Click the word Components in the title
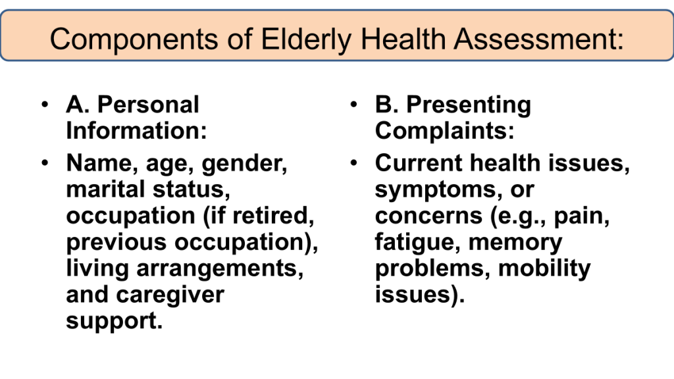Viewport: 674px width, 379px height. pyautogui.click(x=134, y=39)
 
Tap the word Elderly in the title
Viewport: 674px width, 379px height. pyautogui.click(x=307, y=39)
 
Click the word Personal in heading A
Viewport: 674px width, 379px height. pyautogui.click(x=148, y=105)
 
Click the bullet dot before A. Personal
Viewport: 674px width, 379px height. pyautogui.click(x=45, y=105)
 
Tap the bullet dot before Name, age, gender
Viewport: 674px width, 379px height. pyautogui.click(x=45, y=163)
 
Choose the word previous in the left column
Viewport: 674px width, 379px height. pyautogui.click(x=116, y=243)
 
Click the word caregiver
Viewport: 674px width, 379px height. pyautogui.click(x=170, y=295)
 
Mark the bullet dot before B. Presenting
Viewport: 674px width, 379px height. pyautogui.click(x=353, y=105)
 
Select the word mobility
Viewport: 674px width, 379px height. pyautogui.click(x=544, y=269)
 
